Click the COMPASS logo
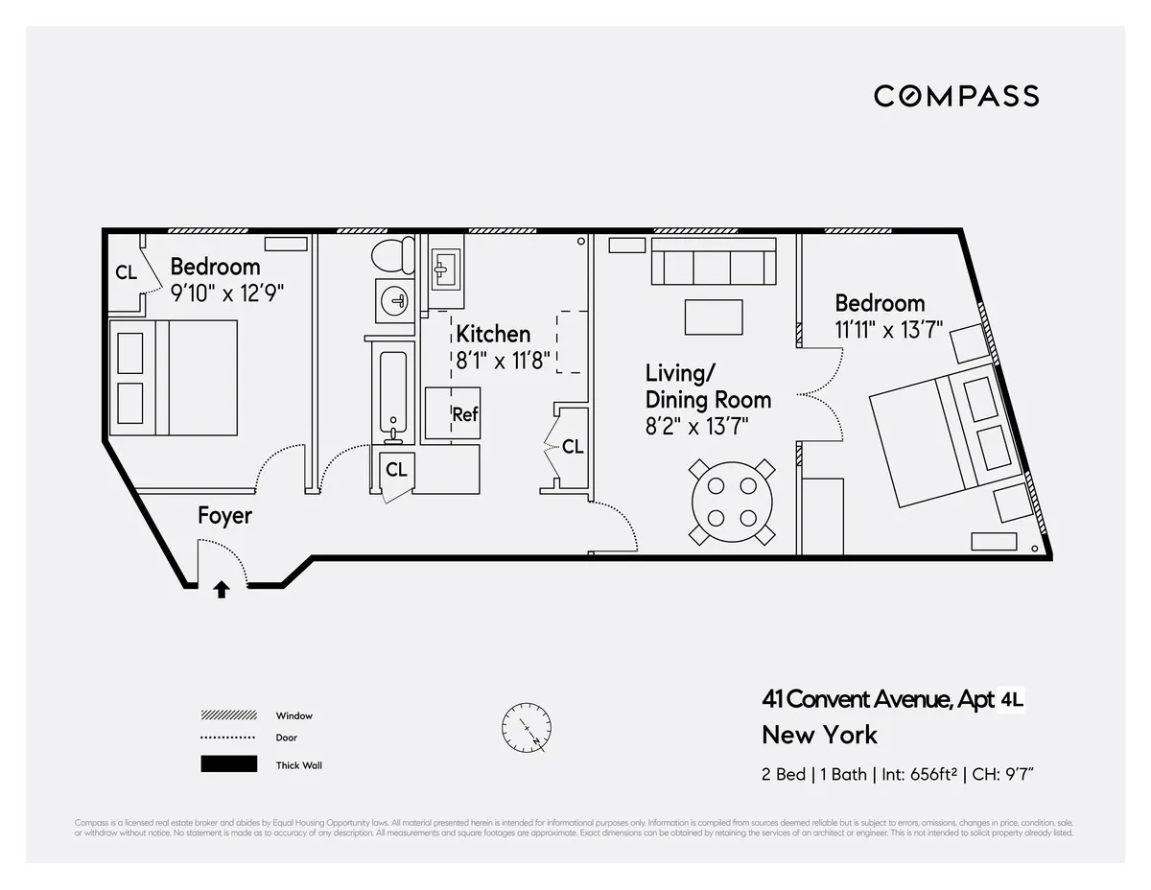pyautogui.click(x=955, y=96)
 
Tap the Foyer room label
pyautogui.click(x=224, y=516)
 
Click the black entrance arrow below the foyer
pyautogui.click(x=222, y=589)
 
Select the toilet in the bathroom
pyautogui.click(x=392, y=257)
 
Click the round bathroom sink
pyautogui.click(x=395, y=301)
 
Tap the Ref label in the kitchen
pyautogui.click(x=465, y=415)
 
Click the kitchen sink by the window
pyautogui.click(x=445, y=269)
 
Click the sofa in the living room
pyautogui.click(x=713, y=262)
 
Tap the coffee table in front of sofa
pyautogui.click(x=714, y=316)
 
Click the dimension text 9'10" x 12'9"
pyautogui.click(x=227, y=293)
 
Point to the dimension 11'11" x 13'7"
pyautogui.click(x=889, y=329)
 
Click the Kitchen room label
pyautogui.click(x=493, y=334)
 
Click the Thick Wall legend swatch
pyautogui.click(x=228, y=764)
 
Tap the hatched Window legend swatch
pyautogui.click(x=228, y=715)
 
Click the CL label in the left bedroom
pyautogui.click(x=126, y=272)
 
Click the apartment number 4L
pyautogui.click(x=1012, y=700)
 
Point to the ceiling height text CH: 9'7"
pyautogui.click(x=1002, y=775)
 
